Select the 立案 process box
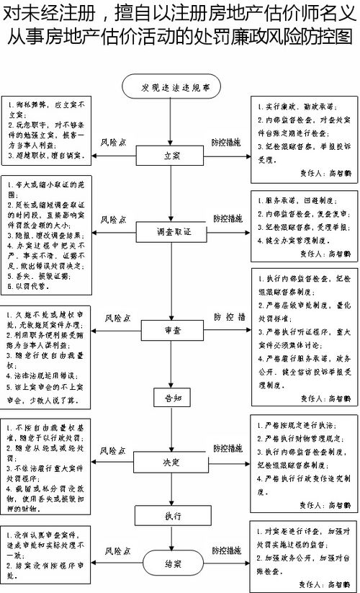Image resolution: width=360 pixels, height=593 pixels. point(170,154)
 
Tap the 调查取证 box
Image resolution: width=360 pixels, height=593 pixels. point(170,232)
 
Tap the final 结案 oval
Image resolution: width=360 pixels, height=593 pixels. point(170,563)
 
